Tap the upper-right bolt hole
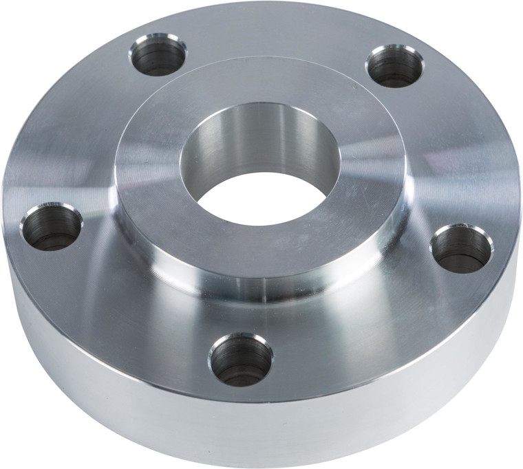click(x=394, y=65)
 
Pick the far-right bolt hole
click(x=461, y=248)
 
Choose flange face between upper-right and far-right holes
click(x=447, y=151)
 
